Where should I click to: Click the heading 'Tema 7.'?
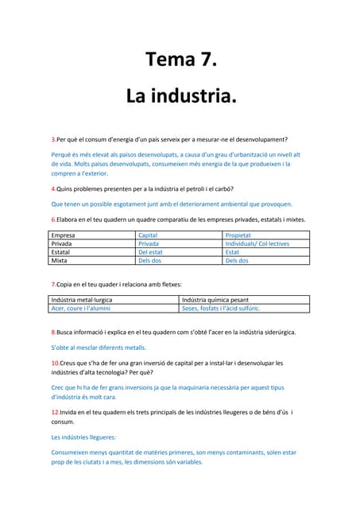click(180, 60)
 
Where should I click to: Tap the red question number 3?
click(52, 139)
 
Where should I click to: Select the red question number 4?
click(52, 188)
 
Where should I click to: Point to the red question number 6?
click(52, 219)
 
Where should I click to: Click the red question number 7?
click(52, 284)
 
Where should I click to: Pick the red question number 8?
click(52, 332)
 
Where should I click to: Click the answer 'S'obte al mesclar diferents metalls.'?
click(99, 348)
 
